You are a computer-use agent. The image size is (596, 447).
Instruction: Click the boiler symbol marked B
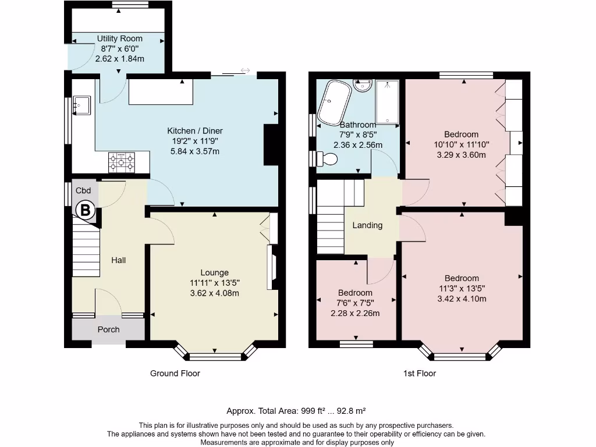pos(85,210)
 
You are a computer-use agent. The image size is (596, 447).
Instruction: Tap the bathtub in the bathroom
pos(335,102)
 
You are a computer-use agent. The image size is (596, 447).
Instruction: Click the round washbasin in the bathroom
pos(363,86)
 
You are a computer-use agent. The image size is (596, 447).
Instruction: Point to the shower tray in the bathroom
pos(387,103)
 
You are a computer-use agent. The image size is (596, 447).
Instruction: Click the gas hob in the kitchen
pos(121,162)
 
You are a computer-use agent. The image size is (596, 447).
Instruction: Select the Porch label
pos(108,329)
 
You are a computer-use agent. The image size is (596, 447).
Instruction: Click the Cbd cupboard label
pos(83,190)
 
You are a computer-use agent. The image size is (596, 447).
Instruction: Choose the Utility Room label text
pos(119,38)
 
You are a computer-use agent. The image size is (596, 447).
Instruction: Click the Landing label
pos(367,225)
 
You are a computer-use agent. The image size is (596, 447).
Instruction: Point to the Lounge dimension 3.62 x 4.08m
pos(214,293)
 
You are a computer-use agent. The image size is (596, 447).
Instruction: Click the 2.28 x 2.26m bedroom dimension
pos(355,313)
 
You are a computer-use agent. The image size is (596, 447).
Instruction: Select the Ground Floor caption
pos(175,373)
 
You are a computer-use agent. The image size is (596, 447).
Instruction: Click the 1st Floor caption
pos(419,373)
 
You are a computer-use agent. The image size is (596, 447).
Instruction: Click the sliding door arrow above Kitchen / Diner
pos(245,71)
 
